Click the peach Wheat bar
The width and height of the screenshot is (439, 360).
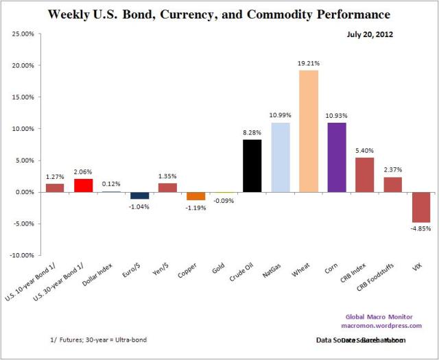[x=308, y=131]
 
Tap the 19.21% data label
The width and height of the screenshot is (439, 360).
[x=308, y=63]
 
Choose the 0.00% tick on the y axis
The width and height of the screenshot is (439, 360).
[x=25, y=192]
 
